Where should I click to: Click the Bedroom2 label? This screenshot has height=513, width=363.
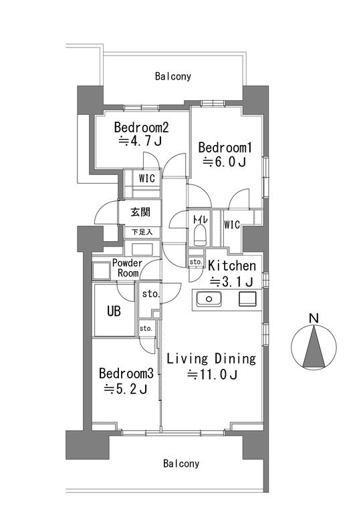click(x=141, y=128)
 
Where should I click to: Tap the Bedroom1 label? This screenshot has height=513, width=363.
click(x=225, y=148)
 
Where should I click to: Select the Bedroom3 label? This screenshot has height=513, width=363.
click(x=126, y=373)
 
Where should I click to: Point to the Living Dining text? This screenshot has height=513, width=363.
click(x=211, y=359)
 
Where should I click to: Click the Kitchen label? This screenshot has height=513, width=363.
click(x=232, y=266)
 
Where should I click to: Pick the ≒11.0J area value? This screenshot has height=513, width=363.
click(x=212, y=375)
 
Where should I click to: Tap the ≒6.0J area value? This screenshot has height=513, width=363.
click(x=225, y=162)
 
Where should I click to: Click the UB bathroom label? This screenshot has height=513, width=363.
click(x=114, y=311)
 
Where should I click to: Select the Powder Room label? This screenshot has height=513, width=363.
click(x=127, y=268)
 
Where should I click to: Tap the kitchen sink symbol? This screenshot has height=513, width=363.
click(x=209, y=299)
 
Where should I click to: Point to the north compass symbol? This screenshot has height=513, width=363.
click(x=314, y=347)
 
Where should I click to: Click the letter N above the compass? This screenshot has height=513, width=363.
click(x=314, y=318)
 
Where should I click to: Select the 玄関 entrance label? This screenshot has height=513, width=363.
click(x=140, y=212)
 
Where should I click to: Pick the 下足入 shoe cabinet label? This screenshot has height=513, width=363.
click(x=142, y=232)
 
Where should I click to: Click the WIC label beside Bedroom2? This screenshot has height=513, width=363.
click(x=146, y=178)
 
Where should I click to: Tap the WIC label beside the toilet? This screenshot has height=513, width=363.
click(x=232, y=224)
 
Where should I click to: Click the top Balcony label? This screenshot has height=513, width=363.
click(x=173, y=76)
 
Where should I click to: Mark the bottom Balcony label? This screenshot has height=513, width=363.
click(x=181, y=464)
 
